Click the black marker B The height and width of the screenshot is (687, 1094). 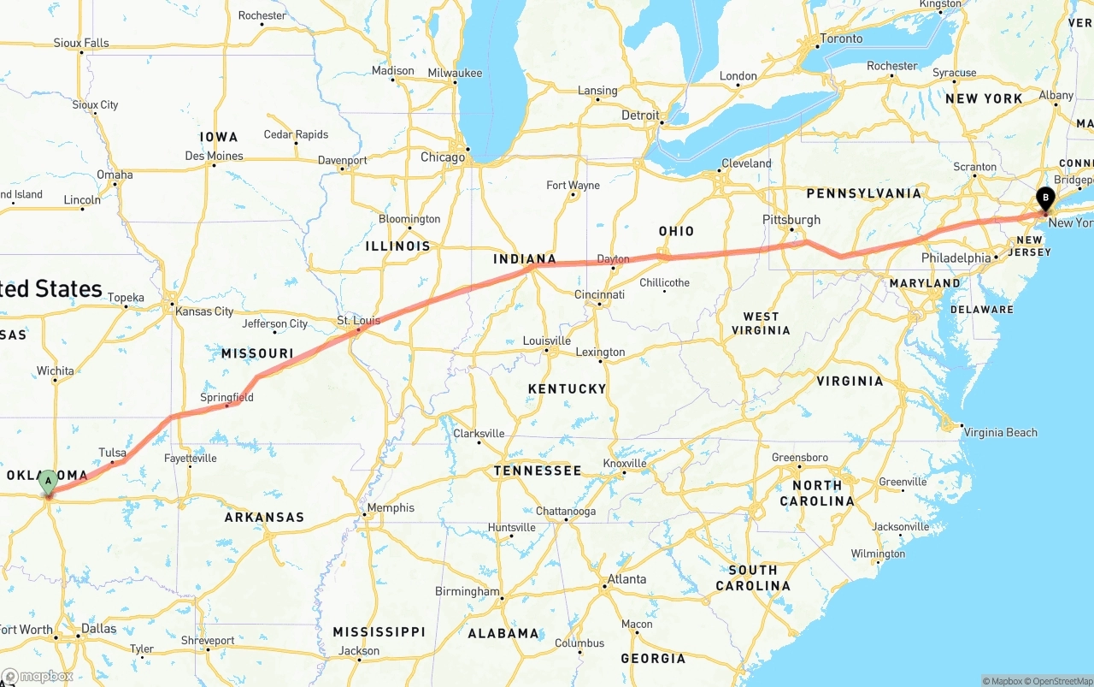pos(1045,198)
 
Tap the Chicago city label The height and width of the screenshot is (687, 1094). pos(443,157)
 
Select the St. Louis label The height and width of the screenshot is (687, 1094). pos(359,321)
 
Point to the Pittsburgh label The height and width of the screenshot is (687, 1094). pos(791,220)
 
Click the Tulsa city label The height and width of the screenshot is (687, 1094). pos(112,453)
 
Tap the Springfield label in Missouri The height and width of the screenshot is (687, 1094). pos(226,398)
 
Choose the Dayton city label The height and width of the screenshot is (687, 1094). pos(613,259)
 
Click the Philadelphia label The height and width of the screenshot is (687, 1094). pos(956,258)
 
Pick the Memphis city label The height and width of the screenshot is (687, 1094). pos(391,508)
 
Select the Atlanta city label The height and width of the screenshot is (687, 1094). pos(626,579)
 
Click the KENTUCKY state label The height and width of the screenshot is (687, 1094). pos(567,388)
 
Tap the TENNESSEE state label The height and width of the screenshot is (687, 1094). pos(538,471)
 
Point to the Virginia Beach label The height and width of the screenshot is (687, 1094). pos(1000,432)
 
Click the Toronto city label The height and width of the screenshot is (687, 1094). pos(841,38)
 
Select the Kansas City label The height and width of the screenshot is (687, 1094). pos(204,311)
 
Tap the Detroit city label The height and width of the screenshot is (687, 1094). pos(640,115)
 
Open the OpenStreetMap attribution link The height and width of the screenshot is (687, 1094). pos(1062,681)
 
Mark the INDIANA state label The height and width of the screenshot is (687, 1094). pos(525,259)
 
